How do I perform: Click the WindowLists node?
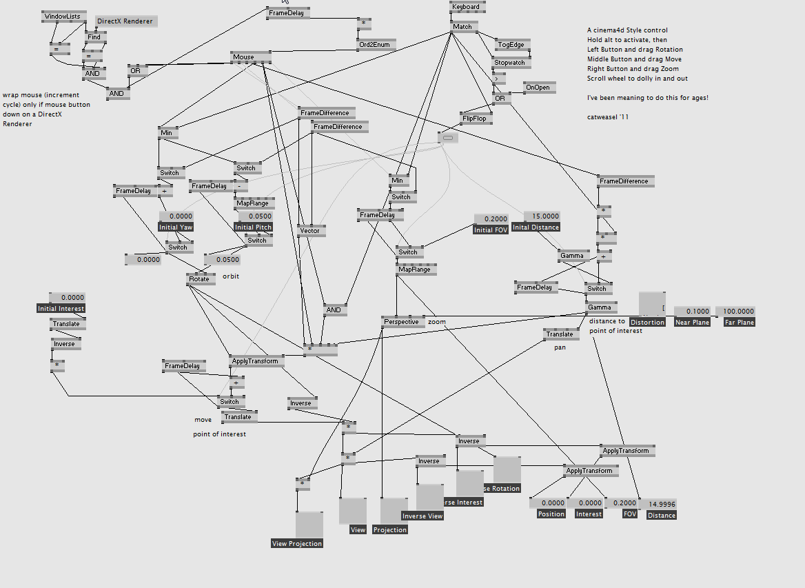click(x=63, y=17)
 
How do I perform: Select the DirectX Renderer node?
click(x=125, y=22)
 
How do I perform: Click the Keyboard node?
click(x=467, y=7)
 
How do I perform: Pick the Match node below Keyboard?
click(x=463, y=27)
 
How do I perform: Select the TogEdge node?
click(x=511, y=45)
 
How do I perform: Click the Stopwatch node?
click(x=510, y=63)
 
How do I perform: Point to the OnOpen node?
click(x=538, y=88)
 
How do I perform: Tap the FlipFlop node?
click(x=475, y=119)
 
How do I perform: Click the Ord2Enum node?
click(x=376, y=44)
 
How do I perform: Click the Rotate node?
click(x=200, y=278)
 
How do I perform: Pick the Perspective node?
click(x=402, y=321)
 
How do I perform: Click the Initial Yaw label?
click(x=176, y=227)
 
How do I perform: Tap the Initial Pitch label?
click(x=253, y=227)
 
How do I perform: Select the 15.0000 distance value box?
click(x=542, y=216)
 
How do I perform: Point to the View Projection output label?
click(x=297, y=543)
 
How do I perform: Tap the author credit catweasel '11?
click(x=608, y=117)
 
